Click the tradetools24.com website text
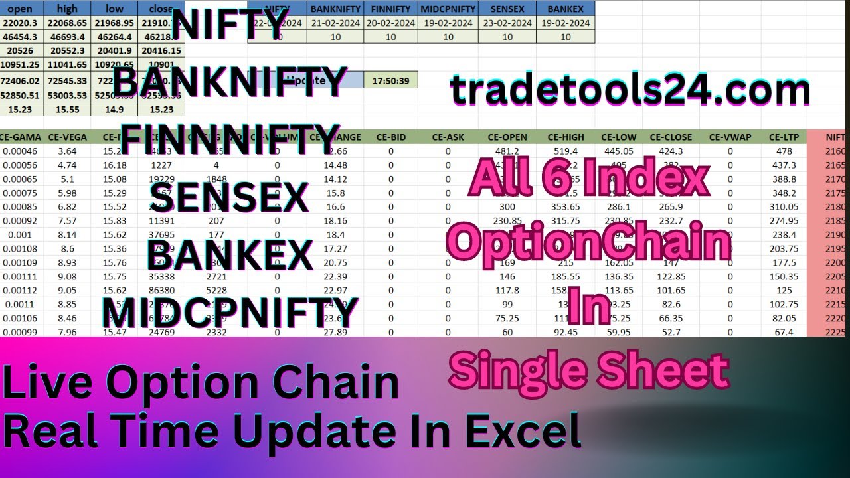pyautogui.click(x=630, y=91)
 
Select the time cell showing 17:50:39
pyautogui.click(x=391, y=80)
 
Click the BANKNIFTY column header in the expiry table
pyautogui.click(x=335, y=9)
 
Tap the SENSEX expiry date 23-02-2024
pyautogui.click(x=507, y=23)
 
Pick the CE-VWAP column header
pyautogui.click(x=730, y=137)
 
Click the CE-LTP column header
pyautogui.click(x=784, y=137)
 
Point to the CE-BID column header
pyautogui.click(x=390, y=137)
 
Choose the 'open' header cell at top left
pyautogui.click(x=19, y=9)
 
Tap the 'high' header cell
pyautogui.click(x=67, y=9)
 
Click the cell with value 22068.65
pyautogui.click(x=67, y=23)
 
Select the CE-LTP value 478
pyautogui.click(x=784, y=151)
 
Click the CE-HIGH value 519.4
pyautogui.click(x=565, y=151)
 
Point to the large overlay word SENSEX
pyautogui.click(x=229, y=197)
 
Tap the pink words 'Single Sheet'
pyautogui.click(x=588, y=370)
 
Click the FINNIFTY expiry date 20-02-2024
pyautogui.click(x=390, y=23)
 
